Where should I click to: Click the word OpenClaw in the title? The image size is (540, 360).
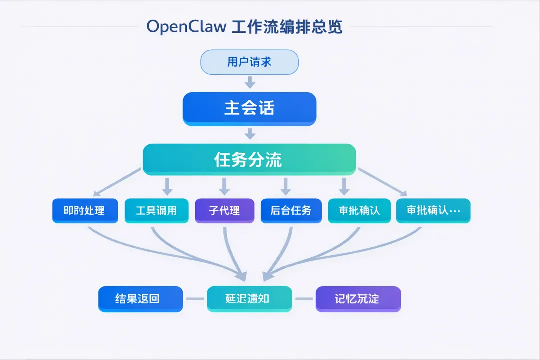[186, 27]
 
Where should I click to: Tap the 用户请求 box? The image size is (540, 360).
[249, 62]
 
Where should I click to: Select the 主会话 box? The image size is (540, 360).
[249, 109]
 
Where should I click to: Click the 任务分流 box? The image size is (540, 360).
[249, 160]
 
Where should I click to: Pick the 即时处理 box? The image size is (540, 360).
[85, 211]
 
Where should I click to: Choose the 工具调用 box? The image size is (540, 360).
[156, 211]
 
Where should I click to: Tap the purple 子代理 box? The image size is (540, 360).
[225, 211]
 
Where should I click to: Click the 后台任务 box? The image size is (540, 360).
[291, 211]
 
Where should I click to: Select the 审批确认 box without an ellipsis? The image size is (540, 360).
[359, 211]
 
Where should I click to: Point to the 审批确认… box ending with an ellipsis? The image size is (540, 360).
[433, 211]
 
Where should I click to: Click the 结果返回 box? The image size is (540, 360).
[141, 299]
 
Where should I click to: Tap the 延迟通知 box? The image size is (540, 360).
[249, 299]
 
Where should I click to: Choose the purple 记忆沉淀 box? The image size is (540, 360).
[358, 299]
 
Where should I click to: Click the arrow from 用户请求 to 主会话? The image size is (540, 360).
[250, 82]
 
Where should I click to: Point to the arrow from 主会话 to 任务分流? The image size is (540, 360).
[250, 134]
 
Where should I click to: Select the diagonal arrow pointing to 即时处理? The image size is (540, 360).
[117, 182]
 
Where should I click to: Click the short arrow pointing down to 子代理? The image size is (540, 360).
[224, 186]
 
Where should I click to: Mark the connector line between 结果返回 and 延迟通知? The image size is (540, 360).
[195, 299]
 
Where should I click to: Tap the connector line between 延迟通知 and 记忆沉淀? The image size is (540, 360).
[304, 299]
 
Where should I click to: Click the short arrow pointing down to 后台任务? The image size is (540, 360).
[285, 186]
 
